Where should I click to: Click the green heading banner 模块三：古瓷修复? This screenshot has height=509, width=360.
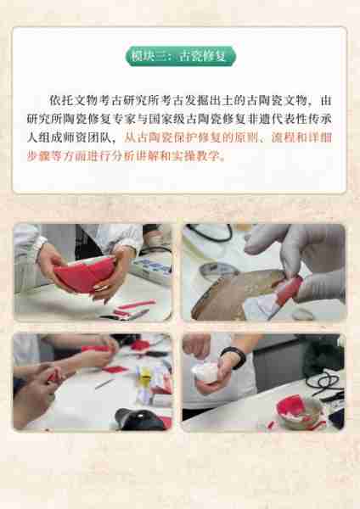[180, 57]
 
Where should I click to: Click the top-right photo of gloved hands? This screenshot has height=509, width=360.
[263, 271]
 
